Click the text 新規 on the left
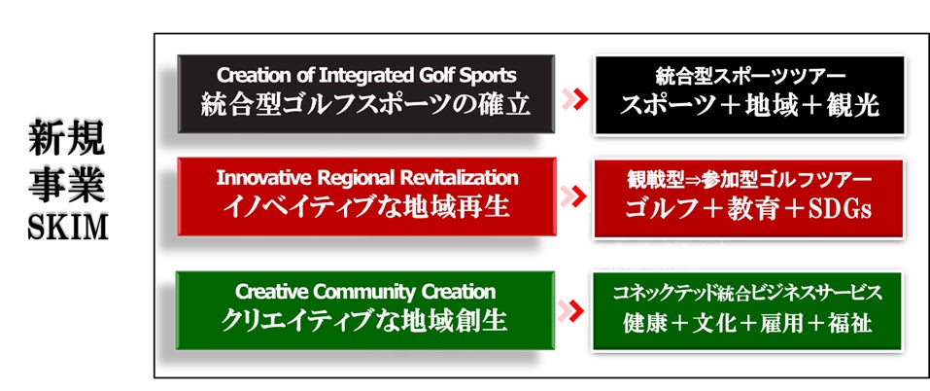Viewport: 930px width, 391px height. coord(67,140)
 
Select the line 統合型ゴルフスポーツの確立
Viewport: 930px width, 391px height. coord(366,104)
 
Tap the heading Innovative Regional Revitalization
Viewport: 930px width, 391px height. coord(366,178)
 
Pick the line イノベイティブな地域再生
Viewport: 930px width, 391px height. coord(366,207)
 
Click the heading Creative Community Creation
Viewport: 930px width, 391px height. coord(366,291)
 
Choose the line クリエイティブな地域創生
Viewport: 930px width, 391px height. coord(366,320)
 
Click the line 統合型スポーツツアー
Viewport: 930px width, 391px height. coord(750,75)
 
